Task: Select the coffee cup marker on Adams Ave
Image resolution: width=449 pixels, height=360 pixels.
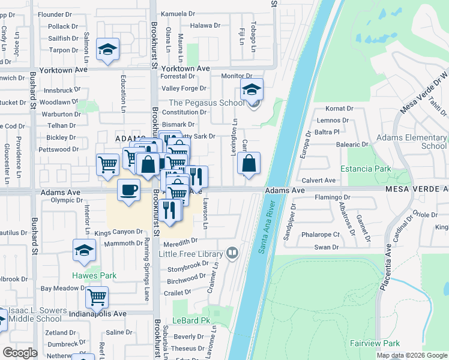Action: [x=128, y=191]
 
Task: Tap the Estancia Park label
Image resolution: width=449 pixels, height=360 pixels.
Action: [x=366, y=169]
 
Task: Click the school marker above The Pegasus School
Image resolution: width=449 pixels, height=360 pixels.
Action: [x=252, y=90]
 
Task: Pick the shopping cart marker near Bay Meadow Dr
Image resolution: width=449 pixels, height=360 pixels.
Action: [x=96, y=296]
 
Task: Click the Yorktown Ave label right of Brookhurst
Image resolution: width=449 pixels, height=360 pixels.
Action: [x=185, y=69]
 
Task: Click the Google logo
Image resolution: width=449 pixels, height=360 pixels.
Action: [x=19, y=353]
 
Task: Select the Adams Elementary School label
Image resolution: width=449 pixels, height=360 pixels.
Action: [x=411, y=142]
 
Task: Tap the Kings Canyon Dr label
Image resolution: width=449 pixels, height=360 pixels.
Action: [x=118, y=232]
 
